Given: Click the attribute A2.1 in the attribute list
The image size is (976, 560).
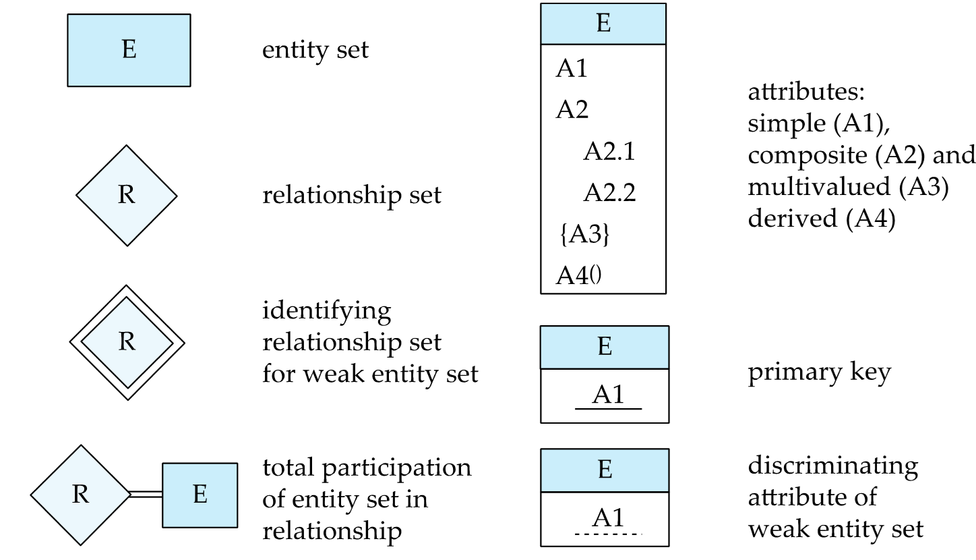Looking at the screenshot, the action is click(x=609, y=152).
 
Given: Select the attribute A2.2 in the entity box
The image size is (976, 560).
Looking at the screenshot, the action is click(x=609, y=193).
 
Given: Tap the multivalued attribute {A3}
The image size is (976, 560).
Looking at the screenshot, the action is click(x=585, y=234).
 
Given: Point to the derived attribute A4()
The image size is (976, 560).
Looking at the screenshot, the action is click(x=578, y=275).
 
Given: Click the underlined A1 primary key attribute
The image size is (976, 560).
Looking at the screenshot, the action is click(x=608, y=395).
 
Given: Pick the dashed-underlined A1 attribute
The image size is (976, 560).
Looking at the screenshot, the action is click(x=608, y=519).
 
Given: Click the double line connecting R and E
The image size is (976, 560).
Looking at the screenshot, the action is click(x=146, y=495).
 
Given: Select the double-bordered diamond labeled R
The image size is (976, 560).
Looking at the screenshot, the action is click(x=127, y=343).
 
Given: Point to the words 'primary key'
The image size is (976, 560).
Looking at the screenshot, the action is click(x=820, y=373).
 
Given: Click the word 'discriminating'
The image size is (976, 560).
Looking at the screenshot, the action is click(x=833, y=466).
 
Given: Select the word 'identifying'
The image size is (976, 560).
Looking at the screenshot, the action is click(x=327, y=312).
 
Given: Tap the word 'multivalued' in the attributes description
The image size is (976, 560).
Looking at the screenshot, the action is click(x=819, y=186).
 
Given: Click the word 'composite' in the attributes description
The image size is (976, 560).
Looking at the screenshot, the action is click(x=807, y=156).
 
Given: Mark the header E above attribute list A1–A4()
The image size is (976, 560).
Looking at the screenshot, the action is click(x=603, y=24).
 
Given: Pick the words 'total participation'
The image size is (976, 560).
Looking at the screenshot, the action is click(x=367, y=468).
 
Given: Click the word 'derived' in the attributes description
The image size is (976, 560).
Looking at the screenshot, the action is click(x=793, y=218).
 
